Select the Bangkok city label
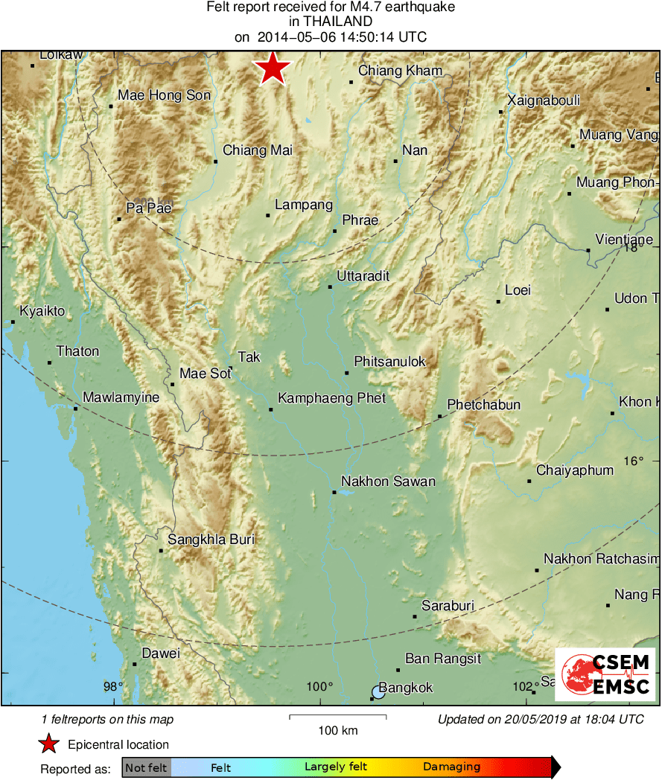(406, 688)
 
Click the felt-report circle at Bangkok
(378, 693)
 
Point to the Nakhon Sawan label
(388, 482)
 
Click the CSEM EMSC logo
(605, 674)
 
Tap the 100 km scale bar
(337, 717)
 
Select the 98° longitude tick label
(113, 686)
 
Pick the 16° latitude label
(633, 461)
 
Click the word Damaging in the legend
(451, 767)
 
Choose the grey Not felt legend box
(146, 767)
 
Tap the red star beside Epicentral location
(48, 744)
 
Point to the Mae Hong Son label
(165, 95)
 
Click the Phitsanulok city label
(389, 362)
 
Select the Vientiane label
(624, 240)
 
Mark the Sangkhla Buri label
(211, 540)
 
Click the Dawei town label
(161, 653)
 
